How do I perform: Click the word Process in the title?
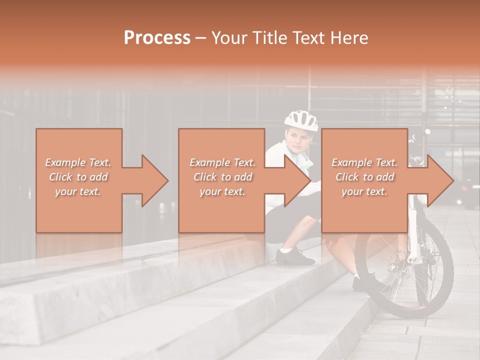pyautogui.click(x=157, y=38)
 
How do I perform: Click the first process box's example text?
pyautogui.click(x=78, y=176)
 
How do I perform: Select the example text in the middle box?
pyautogui.click(x=222, y=176)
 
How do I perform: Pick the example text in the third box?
pyautogui.click(x=364, y=176)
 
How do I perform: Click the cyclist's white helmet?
pyautogui.click(x=301, y=120)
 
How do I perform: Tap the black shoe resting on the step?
pyautogui.click(x=295, y=256)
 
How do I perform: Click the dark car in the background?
pyautogui.click(x=467, y=190)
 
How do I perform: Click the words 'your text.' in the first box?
pyautogui.click(x=78, y=191)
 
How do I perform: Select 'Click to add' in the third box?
pyautogui.click(x=364, y=177)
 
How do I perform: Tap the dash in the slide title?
pyautogui.click(x=200, y=38)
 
